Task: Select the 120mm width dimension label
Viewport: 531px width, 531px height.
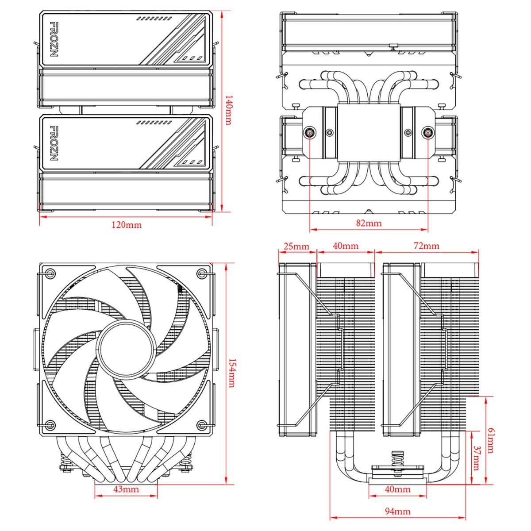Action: [127, 225]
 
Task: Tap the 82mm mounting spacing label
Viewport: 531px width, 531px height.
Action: [369, 223]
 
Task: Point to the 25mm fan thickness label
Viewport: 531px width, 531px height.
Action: [296, 246]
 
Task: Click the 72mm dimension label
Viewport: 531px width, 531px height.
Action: [426, 246]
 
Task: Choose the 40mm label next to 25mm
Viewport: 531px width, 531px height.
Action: [346, 246]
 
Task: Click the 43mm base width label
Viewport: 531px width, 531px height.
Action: [126, 489]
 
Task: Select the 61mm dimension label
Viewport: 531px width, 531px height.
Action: [490, 440]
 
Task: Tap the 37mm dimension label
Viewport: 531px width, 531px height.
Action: [476, 458]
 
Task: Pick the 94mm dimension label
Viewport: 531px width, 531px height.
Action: [397, 512]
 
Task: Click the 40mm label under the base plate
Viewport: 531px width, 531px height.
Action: [397, 489]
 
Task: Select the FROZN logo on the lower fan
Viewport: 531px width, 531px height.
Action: [54, 143]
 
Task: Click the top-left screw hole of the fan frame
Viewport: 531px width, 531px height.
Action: [50, 273]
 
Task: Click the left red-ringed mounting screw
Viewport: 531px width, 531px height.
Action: [309, 132]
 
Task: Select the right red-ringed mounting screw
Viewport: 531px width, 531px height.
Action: [428, 132]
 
